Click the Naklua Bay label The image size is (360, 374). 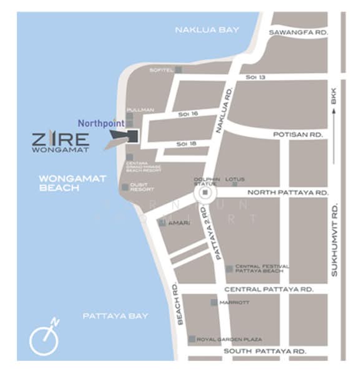(x=207, y=29)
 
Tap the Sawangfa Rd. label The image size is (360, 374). (x=298, y=32)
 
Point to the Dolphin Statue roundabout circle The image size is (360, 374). (x=205, y=194)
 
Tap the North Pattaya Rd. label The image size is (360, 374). (x=288, y=193)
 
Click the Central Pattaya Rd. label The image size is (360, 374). (x=268, y=290)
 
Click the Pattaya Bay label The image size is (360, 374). (x=115, y=316)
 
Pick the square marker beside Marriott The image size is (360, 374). (x=214, y=302)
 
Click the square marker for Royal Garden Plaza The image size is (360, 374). (x=192, y=339)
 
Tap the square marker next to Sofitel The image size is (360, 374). (x=178, y=70)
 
